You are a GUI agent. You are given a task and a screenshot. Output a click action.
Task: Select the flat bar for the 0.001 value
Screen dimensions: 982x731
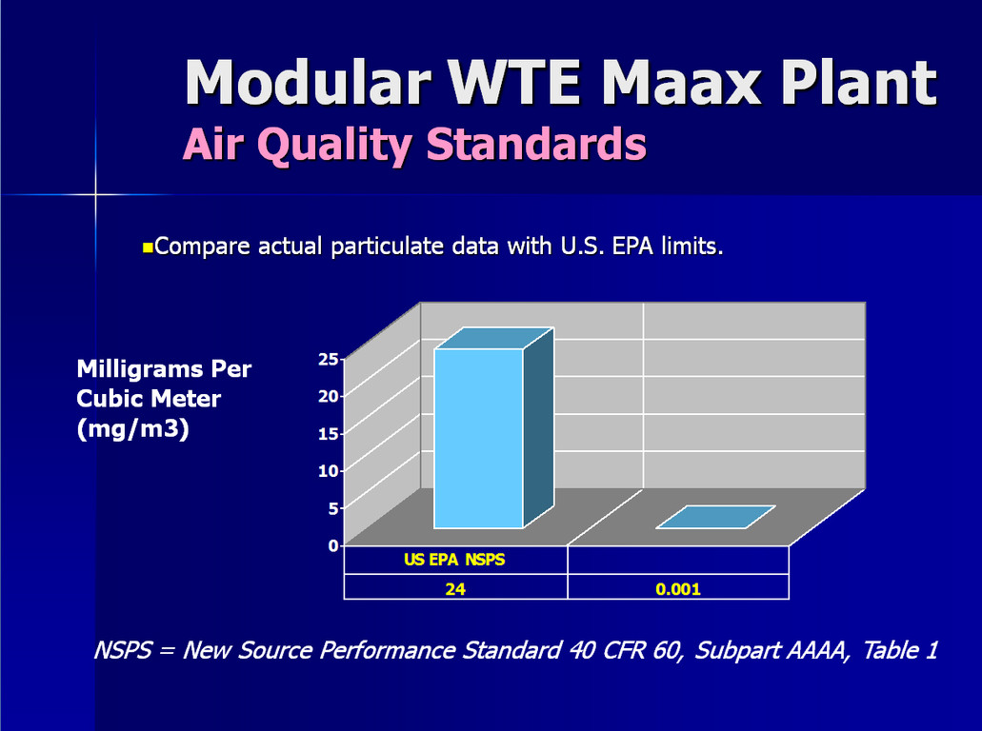click(x=716, y=517)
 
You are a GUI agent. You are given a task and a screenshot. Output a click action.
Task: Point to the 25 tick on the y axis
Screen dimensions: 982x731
click(x=329, y=359)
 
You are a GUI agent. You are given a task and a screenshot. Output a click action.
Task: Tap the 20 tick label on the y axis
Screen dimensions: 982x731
click(x=329, y=396)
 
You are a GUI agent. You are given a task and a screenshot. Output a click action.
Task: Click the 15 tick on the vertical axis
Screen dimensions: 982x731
click(x=329, y=433)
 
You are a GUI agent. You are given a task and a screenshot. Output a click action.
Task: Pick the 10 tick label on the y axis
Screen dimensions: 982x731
click(x=329, y=470)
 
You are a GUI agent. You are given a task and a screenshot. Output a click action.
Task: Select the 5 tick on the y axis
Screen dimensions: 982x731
click(x=333, y=508)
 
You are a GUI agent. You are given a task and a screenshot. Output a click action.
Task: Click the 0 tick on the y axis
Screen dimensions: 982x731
click(x=333, y=545)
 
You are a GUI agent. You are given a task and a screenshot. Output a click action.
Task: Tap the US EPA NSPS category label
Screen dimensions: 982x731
click(x=454, y=560)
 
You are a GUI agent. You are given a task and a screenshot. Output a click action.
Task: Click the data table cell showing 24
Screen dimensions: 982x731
click(x=455, y=589)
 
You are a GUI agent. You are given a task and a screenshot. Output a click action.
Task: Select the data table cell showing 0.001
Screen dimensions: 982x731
click(x=678, y=589)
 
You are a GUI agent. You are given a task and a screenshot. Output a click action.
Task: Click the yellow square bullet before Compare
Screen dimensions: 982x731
click(x=148, y=247)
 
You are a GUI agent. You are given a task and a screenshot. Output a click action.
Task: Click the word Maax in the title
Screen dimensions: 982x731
click(x=682, y=82)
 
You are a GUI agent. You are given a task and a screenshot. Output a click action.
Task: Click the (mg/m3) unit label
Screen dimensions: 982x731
click(x=132, y=429)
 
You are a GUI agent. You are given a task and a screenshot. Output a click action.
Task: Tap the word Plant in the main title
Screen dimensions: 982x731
click(x=859, y=82)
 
